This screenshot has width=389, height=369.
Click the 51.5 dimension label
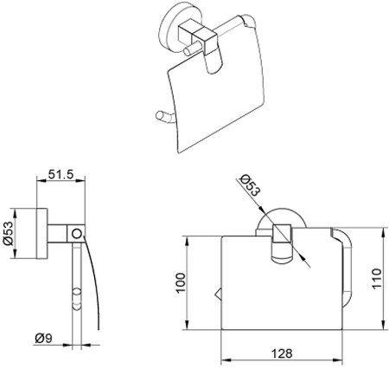click(x=61, y=174)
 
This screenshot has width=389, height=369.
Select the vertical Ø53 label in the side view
click(x=9, y=233)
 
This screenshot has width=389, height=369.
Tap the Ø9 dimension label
click(x=44, y=339)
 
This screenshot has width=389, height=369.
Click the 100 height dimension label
click(x=181, y=283)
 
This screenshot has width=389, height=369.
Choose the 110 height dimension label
click(x=376, y=278)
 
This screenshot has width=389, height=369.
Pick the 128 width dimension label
click(x=282, y=353)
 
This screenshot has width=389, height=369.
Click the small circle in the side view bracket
click(x=77, y=233)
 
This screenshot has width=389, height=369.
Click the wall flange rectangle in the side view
click(x=42, y=233)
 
